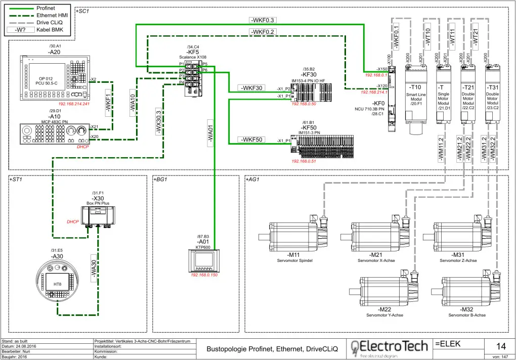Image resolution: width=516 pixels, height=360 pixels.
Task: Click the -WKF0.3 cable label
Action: pos(263,20)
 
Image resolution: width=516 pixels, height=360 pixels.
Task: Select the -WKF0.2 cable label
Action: pos(263,32)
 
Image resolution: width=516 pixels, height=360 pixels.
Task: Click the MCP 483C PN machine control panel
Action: pos(54,134)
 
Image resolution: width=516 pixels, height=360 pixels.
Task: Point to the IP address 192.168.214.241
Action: pos(73,104)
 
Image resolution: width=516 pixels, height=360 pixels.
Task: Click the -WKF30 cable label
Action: pos(251,88)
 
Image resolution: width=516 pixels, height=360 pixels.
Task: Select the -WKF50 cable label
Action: pos(251,140)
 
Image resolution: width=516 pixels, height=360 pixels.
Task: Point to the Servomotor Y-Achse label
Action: pos(384,315)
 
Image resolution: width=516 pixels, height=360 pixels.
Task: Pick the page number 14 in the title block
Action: pos(501,346)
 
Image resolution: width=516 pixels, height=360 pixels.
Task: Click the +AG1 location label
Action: pos(252,179)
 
